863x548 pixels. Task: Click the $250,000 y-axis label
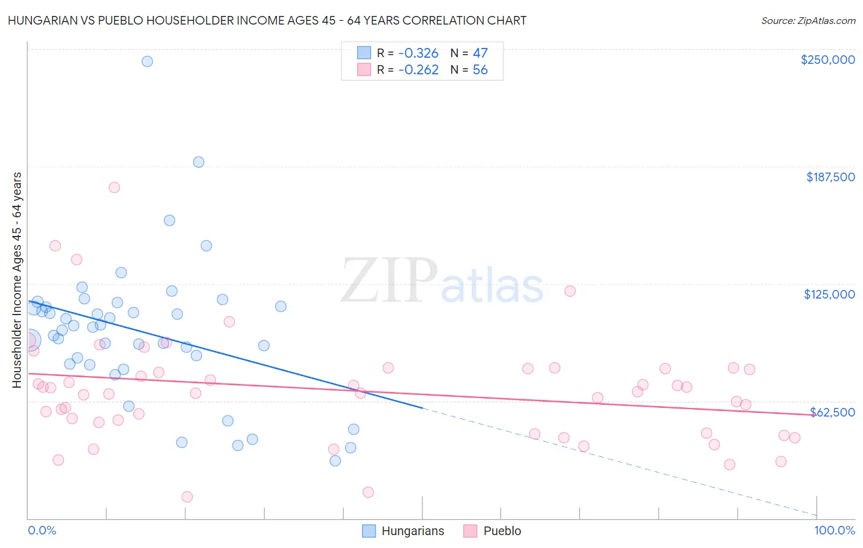(827, 60)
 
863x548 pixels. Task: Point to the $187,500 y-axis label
(830, 177)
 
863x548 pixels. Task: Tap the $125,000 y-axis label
(829, 294)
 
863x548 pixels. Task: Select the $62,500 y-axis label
(832, 412)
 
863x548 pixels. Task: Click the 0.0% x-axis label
(42, 531)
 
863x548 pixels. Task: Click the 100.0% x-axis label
(835, 531)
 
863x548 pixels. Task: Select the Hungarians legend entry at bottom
(403, 531)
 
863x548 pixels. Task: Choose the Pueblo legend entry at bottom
(492, 531)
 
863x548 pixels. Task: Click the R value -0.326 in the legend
(418, 53)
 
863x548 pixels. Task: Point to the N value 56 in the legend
(480, 70)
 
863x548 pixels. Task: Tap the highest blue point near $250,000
(147, 61)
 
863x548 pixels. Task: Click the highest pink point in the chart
(114, 187)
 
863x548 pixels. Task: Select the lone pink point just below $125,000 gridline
(570, 291)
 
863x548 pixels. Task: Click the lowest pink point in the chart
(187, 497)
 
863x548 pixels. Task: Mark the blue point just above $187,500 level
(199, 162)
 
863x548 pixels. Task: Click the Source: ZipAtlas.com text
(808, 20)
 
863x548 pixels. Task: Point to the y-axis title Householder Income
(17, 280)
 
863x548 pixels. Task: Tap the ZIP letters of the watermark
(389, 281)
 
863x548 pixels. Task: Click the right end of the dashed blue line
(816, 515)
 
